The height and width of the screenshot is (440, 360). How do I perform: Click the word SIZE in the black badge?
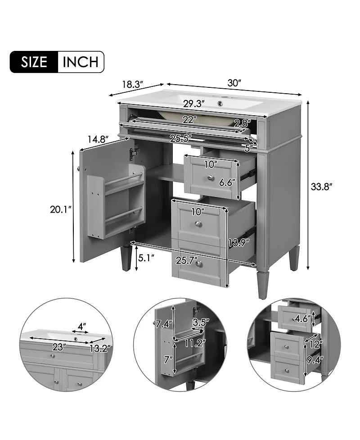34,62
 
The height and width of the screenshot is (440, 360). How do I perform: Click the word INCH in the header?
81,62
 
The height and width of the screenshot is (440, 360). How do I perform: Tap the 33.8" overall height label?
321,186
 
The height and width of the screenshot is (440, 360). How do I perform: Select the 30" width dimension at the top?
234,83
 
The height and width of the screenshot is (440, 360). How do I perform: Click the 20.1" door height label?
61,209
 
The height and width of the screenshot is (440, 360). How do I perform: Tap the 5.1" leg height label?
146,257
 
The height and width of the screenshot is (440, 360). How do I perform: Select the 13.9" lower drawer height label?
238,242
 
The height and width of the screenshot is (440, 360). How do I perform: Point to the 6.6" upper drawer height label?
227,183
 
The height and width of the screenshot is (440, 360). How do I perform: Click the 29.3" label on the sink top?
194,104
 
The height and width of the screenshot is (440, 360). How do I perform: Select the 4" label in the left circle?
81,327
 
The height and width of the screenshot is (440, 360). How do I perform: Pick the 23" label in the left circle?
59,347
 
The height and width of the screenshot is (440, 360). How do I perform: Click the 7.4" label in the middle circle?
164,324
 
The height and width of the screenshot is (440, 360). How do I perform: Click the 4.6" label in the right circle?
303,319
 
